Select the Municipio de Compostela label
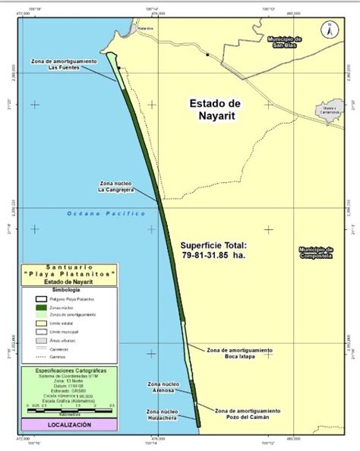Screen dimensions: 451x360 (316, 252)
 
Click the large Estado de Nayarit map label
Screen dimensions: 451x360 (215, 109)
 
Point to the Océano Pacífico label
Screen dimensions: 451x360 (106, 213)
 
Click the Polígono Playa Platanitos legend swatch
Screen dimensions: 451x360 (41, 299)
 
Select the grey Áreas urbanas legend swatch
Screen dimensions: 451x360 (41, 340)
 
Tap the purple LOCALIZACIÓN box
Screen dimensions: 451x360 (69, 424)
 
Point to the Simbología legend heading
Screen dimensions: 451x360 (69, 289)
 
